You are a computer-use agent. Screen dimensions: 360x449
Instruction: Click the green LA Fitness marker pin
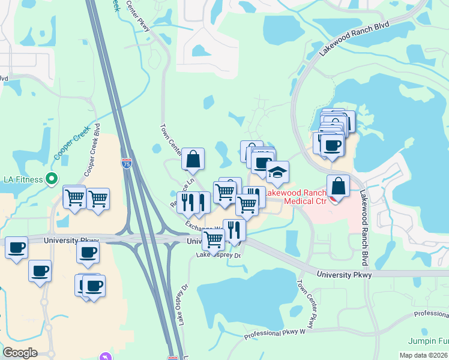pos(52,179)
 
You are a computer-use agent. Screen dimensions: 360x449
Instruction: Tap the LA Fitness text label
pos(23,179)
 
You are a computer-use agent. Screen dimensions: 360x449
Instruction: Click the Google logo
pos(20,353)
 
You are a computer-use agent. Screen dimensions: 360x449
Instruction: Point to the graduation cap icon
pos(277,173)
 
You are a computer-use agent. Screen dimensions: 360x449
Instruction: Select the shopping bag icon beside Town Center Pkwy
pos(193,159)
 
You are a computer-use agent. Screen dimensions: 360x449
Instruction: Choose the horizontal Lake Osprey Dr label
pos(218,256)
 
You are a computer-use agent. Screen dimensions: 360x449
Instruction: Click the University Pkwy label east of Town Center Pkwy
pos(345,274)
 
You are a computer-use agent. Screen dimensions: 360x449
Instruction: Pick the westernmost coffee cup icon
pos(16,247)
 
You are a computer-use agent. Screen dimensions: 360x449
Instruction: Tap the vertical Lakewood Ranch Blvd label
pos(363,228)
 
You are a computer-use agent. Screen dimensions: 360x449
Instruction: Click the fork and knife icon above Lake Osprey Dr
pos(234,229)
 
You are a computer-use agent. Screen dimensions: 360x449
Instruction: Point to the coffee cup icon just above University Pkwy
pos(88,252)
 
